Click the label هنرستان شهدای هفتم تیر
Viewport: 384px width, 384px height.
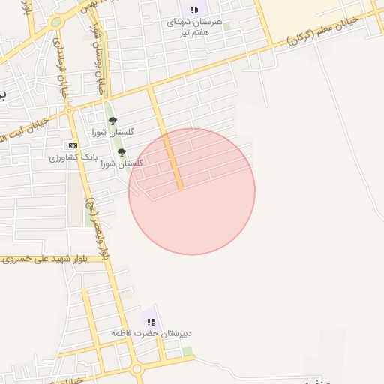tap(195, 28)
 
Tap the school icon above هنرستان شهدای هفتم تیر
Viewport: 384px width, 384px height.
tap(194, 10)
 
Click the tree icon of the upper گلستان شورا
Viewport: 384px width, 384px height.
tap(112, 120)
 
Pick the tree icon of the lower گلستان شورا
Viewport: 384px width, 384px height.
tap(121, 152)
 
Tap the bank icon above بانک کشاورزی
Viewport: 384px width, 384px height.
tap(72, 145)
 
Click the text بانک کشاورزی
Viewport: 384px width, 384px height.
tap(74, 158)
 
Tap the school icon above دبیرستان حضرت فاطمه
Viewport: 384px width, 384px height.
tap(151, 321)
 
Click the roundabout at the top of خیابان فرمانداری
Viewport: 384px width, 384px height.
tap(55, 22)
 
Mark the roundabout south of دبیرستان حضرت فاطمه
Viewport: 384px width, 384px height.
tap(136, 369)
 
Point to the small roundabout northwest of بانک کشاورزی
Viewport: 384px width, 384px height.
tap(70, 110)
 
